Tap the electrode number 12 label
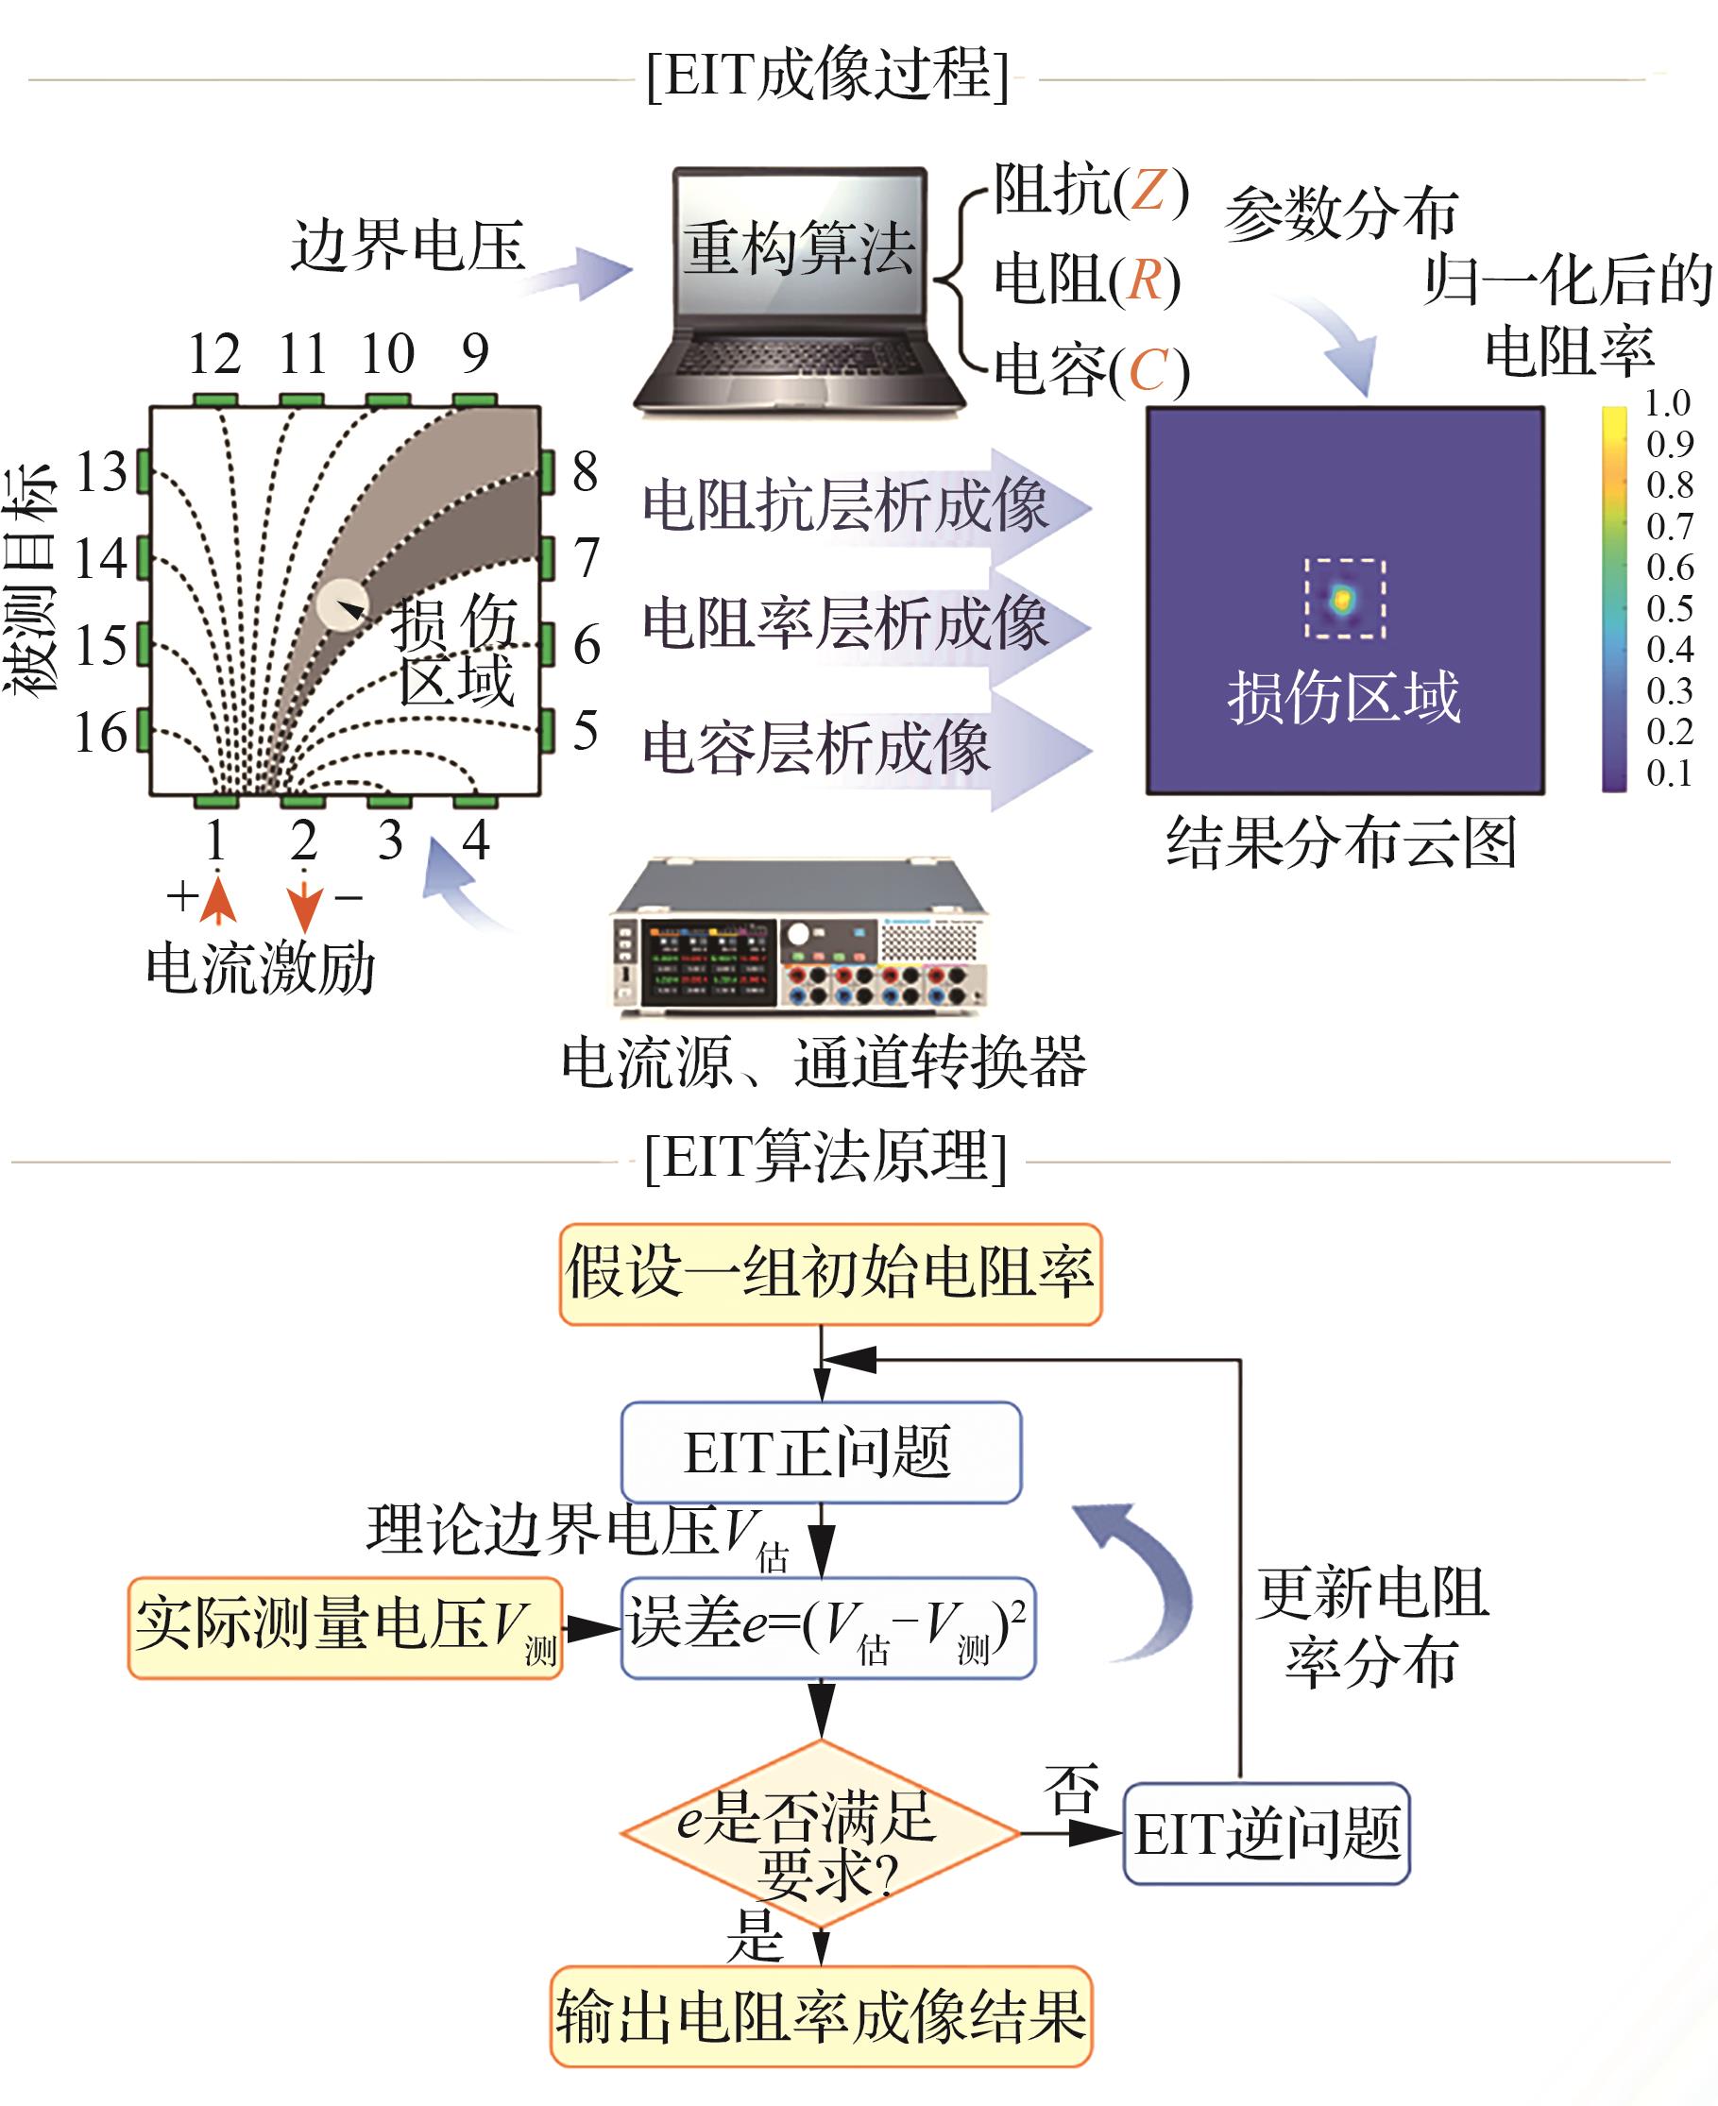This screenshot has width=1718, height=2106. pos(213,354)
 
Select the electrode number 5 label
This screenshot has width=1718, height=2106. pos(586,730)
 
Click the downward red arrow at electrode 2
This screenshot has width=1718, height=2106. pos(304,903)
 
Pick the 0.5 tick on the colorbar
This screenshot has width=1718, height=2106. pos(1670,608)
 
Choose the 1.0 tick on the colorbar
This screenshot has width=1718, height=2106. pos(1668,404)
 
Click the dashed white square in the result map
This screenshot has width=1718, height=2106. pos(1344,599)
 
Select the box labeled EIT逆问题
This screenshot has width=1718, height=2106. pos(1266,1834)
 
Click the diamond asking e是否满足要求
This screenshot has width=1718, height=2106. pos(821,1834)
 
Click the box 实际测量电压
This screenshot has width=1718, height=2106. pos(346,1628)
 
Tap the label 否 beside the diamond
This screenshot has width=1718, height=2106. pos(1072,1789)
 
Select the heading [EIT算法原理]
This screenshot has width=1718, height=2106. pos(825,1156)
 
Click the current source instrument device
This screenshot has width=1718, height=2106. pos(800,938)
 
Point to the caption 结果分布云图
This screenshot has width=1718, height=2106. pos(1341,843)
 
